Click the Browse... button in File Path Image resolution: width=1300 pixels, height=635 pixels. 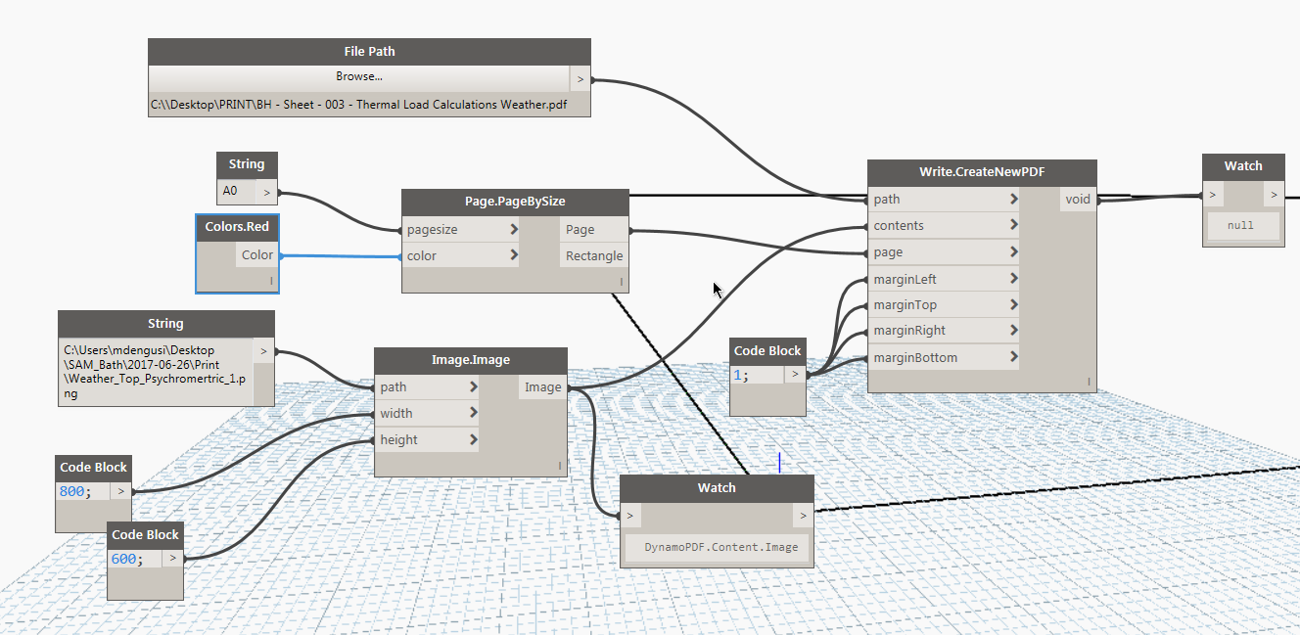pyautogui.click(x=359, y=76)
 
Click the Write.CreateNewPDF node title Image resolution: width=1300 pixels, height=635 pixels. pyautogui.click(x=981, y=171)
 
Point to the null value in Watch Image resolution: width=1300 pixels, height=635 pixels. pyautogui.click(x=1240, y=225)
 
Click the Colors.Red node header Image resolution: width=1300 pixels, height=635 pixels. pyautogui.click(x=237, y=227)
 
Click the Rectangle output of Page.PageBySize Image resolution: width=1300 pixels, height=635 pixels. pyautogui.click(x=593, y=256)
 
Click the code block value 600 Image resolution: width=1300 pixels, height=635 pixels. pyautogui.click(x=125, y=559)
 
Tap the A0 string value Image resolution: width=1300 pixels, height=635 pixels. pyautogui.click(x=231, y=192)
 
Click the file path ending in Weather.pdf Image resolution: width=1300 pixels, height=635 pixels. pyautogui.click(x=358, y=105)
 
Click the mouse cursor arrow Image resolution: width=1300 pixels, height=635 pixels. pyautogui.click(x=717, y=289)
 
